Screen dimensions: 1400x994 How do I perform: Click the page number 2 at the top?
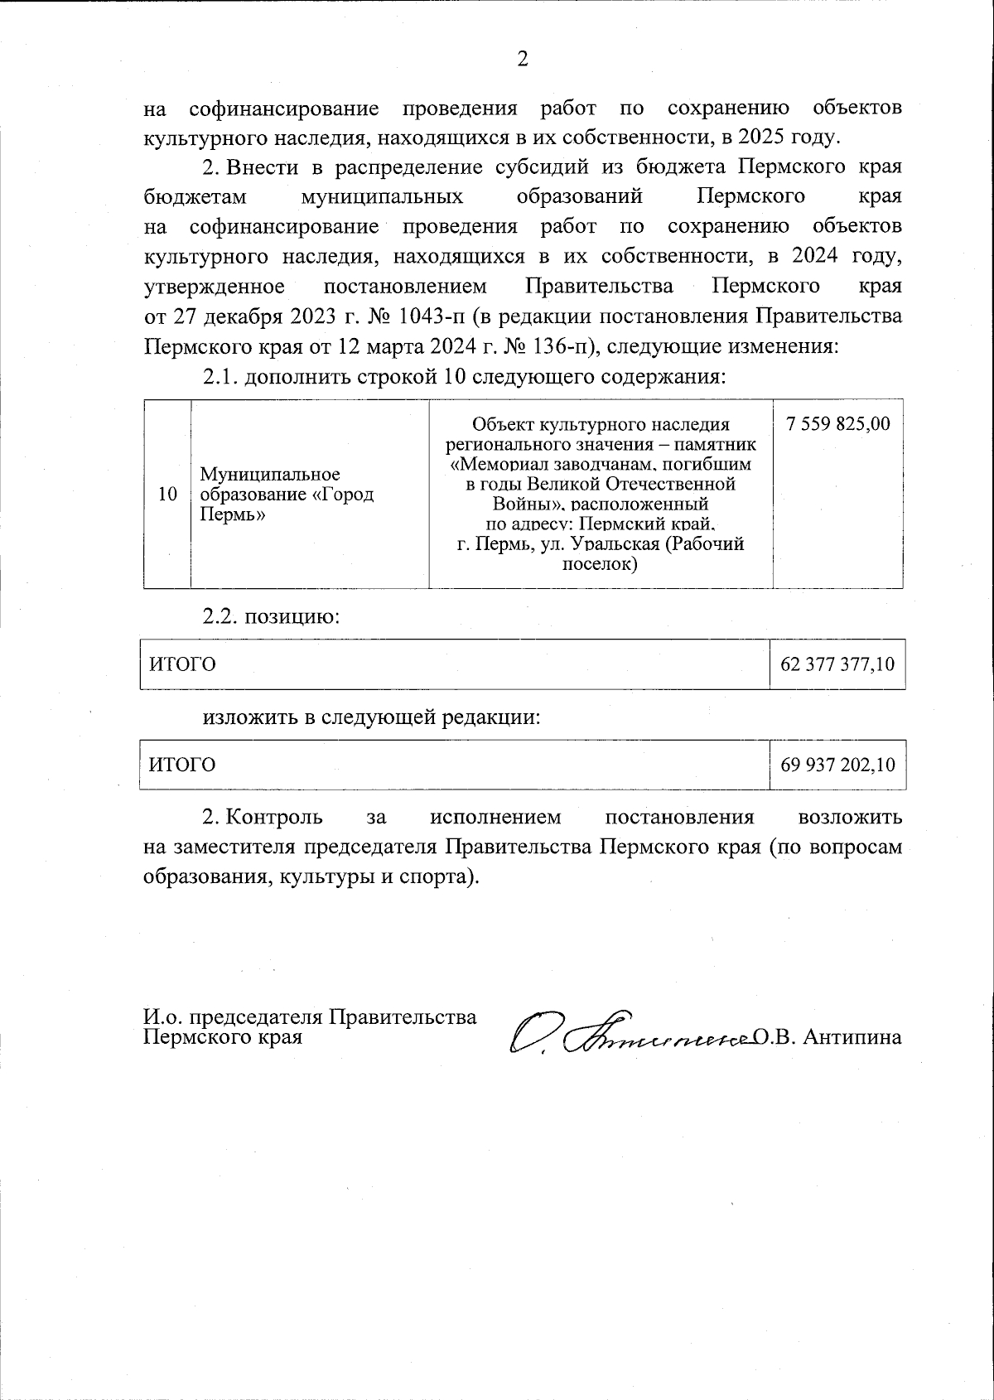pyautogui.click(x=522, y=59)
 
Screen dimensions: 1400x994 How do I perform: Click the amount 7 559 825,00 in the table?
pyautogui.click(x=837, y=424)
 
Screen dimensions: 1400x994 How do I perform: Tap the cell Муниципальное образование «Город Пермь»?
pyautogui.click(x=287, y=495)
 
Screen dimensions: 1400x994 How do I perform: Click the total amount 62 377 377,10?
pyautogui.click(x=837, y=664)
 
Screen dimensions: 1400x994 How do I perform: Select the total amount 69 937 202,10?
pyautogui.click(x=837, y=765)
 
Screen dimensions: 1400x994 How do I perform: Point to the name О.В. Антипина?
pyautogui.click(x=828, y=1037)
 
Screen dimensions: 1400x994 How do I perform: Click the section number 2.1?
pyautogui.click(x=221, y=377)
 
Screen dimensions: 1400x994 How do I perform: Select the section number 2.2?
pyautogui.click(x=221, y=617)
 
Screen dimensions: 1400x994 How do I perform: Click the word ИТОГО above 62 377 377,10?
pyautogui.click(x=181, y=664)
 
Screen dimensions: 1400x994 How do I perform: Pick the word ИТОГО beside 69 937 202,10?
pyautogui.click(x=181, y=765)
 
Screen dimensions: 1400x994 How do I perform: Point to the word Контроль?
pyautogui.click(x=274, y=818)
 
